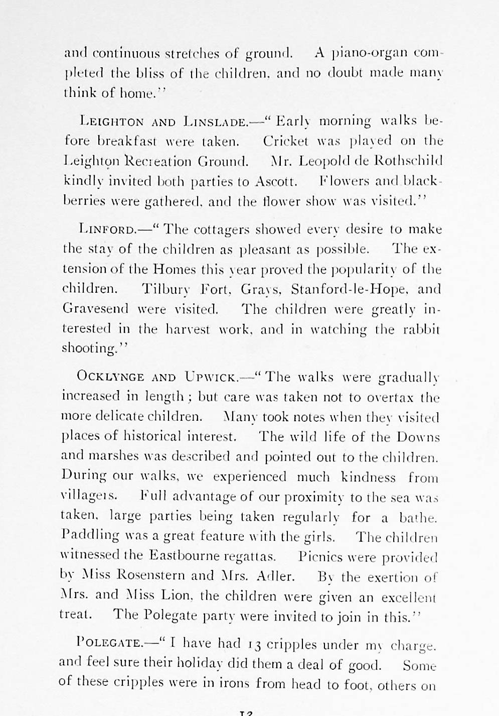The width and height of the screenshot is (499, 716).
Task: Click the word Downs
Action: (x=418, y=437)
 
